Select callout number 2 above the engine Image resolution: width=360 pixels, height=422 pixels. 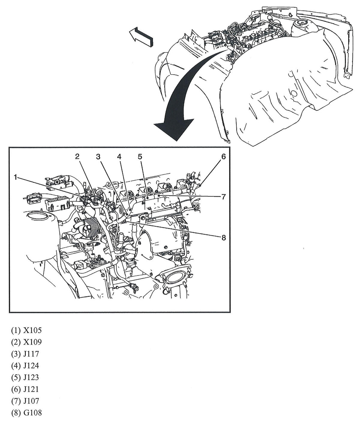pos(77,156)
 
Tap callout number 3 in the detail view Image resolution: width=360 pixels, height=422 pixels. pos(98,156)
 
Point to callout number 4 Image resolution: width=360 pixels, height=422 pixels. pos(119,156)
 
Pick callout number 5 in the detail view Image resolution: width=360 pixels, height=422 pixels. pos(140,156)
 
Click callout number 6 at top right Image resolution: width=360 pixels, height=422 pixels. pos(223,156)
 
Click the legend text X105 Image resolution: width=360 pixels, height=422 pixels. pos(32,330)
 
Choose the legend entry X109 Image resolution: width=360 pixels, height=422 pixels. pos(32,342)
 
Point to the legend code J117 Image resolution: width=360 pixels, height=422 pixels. pos(31,354)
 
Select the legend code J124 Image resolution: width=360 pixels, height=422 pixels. pos(31,366)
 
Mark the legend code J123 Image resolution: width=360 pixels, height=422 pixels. pos(31,377)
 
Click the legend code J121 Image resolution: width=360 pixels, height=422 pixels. pos(31,389)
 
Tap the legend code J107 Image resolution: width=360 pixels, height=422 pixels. pos(31,401)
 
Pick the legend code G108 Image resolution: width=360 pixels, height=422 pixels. pos(32,413)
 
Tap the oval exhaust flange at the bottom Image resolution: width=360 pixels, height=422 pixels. pos(173,277)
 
